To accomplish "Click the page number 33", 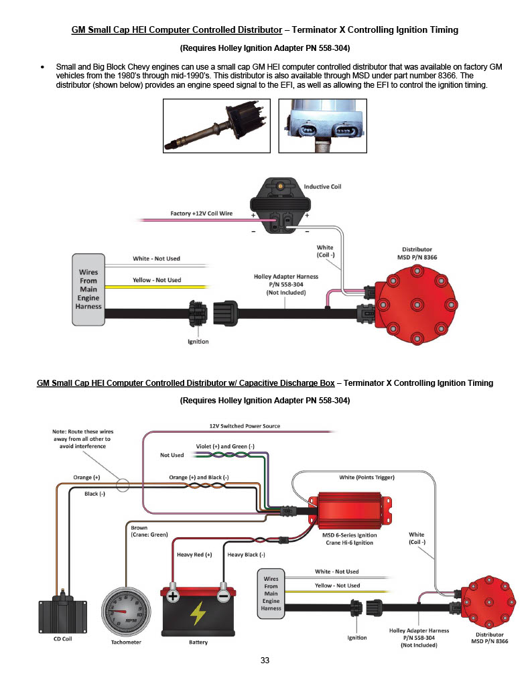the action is pos(265,660).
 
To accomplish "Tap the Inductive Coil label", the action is pos(322,186).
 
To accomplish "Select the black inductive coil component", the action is pos(281,205).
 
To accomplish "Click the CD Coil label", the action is pos(62,638).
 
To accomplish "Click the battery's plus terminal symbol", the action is pos(173,596).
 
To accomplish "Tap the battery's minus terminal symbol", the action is pos(223,596).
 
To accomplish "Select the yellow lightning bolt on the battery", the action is pos(198,613).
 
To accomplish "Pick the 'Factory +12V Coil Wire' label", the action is pos(201,214).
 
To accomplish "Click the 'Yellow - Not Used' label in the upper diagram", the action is pos(157,280).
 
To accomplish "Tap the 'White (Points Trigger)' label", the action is pos(367,477).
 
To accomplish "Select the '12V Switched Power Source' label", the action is pos(245,425).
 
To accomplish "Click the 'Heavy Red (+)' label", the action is pos(194,554).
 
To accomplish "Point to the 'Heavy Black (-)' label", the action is pos(246,554).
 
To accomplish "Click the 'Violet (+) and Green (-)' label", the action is pos(225,446).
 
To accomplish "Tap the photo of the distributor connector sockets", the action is pos(322,125).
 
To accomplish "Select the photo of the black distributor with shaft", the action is pos(216,125).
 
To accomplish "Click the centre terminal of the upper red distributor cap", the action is pos(417,305).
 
